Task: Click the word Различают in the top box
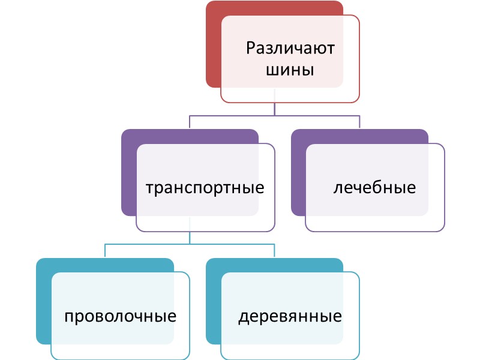[x=290, y=47]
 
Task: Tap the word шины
[x=290, y=70]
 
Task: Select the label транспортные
[x=206, y=187]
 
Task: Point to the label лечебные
[x=374, y=187]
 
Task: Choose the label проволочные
[x=121, y=316]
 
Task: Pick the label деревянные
[x=290, y=316]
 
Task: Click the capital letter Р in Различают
[x=251, y=47]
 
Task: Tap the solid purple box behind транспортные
[x=128, y=174]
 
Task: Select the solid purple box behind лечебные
[x=298, y=174]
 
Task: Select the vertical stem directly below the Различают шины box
[x=275, y=109]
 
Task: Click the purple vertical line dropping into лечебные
[x=359, y=122]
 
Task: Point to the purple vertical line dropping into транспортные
[x=190, y=122]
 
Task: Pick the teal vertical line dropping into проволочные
[x=105, y=251]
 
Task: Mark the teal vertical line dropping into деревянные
[x=275, y=251]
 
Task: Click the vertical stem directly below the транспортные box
[x=190, y=238]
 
